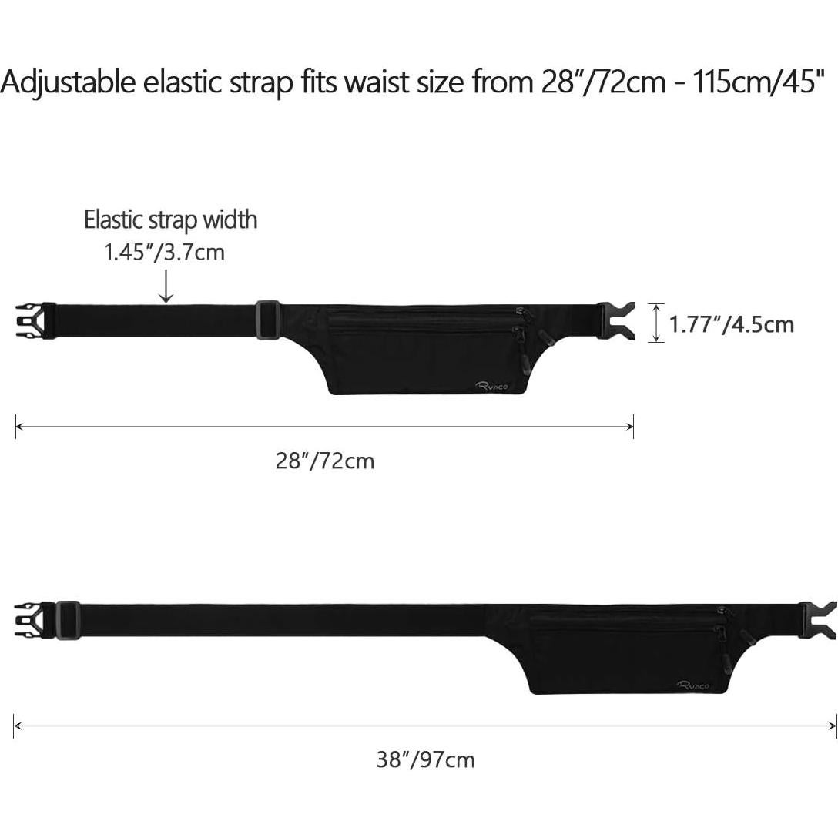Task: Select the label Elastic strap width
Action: point(170,220)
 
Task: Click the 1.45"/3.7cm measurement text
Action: point(164,252)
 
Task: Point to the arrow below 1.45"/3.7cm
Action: point(166,287)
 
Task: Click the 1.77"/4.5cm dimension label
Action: point(732,324)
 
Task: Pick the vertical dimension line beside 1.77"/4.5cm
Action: point(657,322)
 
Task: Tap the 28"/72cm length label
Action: point(325,461)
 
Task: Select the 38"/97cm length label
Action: point(425,759)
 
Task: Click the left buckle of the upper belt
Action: point(36,321)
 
